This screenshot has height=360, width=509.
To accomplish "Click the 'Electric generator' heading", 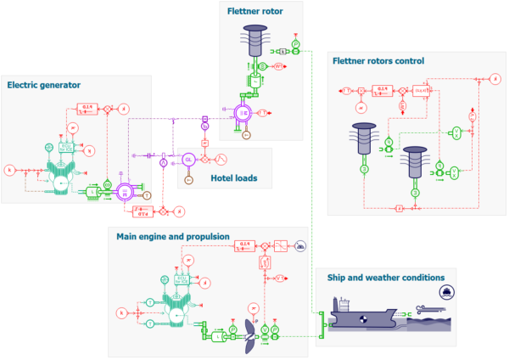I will click(x=43, y=84).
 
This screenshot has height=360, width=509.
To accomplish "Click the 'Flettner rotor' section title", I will click(x=255, y=11).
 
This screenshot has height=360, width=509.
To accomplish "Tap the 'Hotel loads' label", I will click(x=233, y=178).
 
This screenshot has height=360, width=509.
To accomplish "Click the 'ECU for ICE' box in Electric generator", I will click(x=64, y=147).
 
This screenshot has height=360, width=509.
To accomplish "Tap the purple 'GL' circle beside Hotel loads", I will click(x=188, y=159).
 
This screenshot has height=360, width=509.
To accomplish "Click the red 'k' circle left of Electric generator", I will click(x=9, y=170).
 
